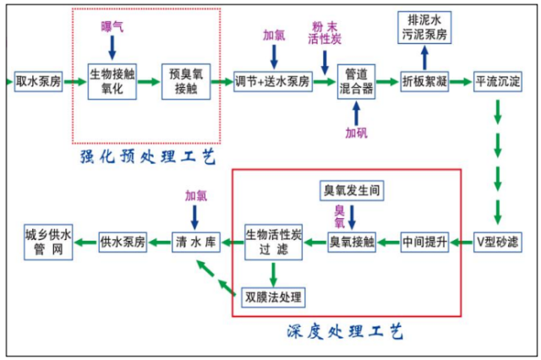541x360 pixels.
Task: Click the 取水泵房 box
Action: click(x=38, y=81)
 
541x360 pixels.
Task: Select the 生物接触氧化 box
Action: click(x=112, y=81)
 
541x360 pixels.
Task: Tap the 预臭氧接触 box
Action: click(x=186, y=81)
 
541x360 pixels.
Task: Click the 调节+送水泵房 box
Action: click(x=273, y=81)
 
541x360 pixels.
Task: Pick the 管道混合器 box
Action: click(x=356, y=81)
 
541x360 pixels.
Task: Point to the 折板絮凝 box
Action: click(x=424, y=81)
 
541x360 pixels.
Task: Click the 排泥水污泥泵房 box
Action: click(x=424, y=27)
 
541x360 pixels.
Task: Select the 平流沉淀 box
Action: click(x=498, y=81)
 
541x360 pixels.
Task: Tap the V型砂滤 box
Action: click(x=498, y=242)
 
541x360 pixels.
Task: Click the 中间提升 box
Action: click(x=424, y=242)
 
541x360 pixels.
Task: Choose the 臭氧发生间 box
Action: click(x=352, y=190)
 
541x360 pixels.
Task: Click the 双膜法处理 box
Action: click(x=273, y=297)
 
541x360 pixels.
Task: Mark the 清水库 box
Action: click(x=196, y=242)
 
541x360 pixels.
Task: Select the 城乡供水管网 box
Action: click(x=48, y=242)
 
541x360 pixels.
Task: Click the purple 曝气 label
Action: click(x=112, y=26)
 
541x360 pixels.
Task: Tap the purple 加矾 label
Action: click(x=357, y=133)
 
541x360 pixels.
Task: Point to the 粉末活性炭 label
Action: click(x=325, y=33)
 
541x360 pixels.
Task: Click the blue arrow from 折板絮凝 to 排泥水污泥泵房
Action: click(x=424, y=57)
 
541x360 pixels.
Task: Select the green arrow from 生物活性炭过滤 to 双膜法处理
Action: click(x=273, y=275)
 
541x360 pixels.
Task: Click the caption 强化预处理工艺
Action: click(x=148, y=157)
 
